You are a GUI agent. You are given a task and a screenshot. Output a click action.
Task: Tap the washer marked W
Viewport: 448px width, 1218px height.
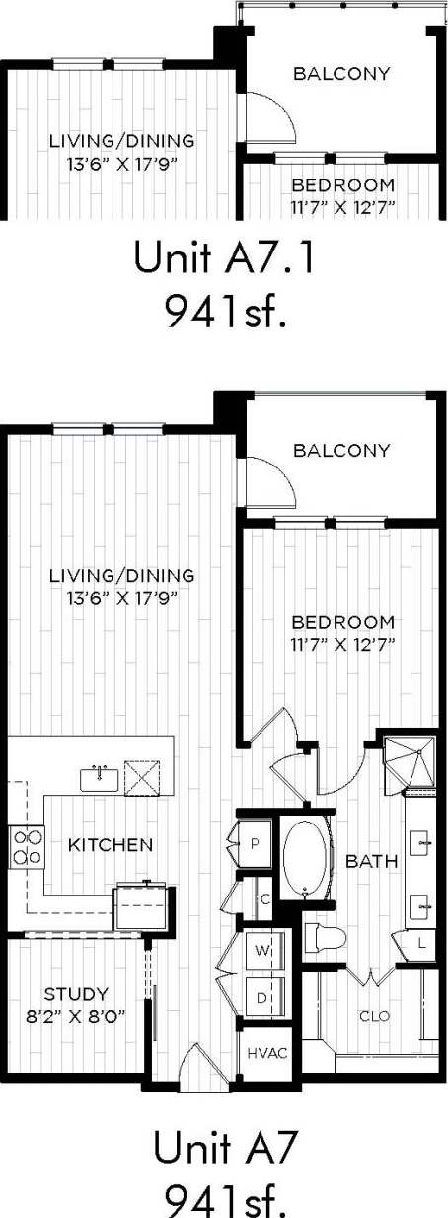point(262,951)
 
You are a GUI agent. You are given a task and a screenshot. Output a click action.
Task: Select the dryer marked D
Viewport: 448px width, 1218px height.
point(262,997)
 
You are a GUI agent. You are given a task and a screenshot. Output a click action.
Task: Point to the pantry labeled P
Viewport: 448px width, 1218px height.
point(254,845)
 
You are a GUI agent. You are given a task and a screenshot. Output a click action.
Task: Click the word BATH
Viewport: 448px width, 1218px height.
point(372,861)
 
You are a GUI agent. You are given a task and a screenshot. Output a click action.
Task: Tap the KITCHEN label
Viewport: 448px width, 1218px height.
point(110,845)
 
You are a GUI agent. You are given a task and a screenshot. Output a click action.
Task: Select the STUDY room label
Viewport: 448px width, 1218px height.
point(76,993)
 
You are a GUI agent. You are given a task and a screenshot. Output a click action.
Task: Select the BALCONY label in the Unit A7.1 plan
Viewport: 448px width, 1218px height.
point(341,74)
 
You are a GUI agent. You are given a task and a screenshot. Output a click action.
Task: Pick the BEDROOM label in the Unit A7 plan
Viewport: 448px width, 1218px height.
point(342,623)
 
